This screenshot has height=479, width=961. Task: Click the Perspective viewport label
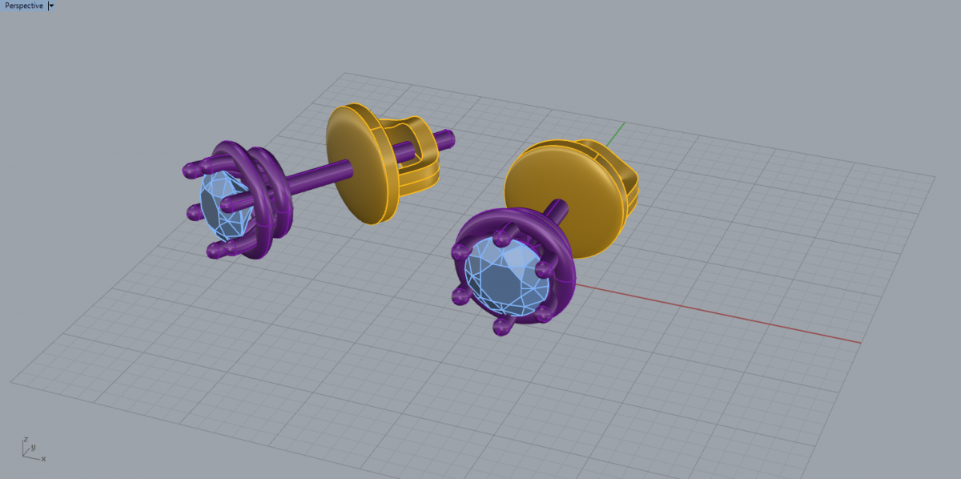point(23,6)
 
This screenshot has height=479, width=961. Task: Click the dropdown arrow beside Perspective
point(51,6)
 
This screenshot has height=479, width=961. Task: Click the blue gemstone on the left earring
point(223,205)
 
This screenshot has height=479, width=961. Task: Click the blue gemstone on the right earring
point(506,278)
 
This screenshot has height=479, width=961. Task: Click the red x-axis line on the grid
point(718,313)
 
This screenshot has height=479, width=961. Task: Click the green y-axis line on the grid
point(615,135)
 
